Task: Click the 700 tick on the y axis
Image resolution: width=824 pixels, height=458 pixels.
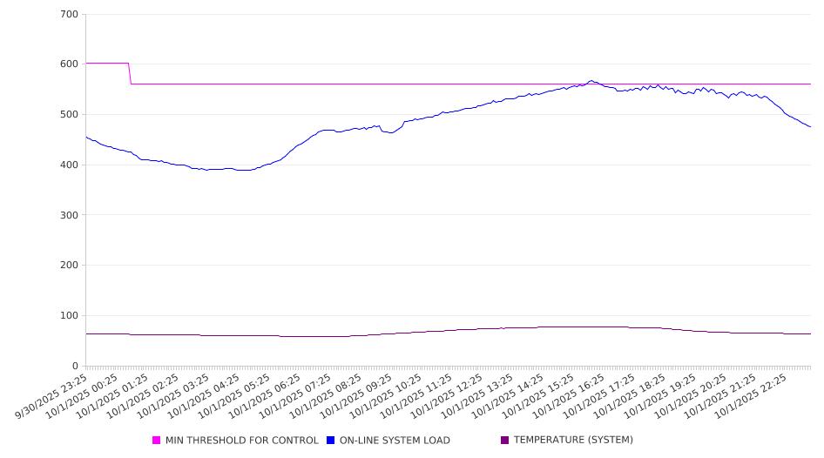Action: pyautogui.click(x=70, y=15)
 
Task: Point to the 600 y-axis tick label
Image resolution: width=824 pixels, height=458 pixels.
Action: pyautogui.click(x=70, y=64)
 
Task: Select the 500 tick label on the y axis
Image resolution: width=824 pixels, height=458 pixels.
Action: pyautogui.click(x=70, y=115)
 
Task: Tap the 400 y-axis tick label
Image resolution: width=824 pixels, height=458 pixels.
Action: pyautogui.click(x=70, y=165)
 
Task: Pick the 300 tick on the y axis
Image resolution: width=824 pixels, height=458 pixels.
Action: pyautogui.click(x=70, y=215)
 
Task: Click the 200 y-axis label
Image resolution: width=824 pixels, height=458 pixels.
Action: pyautogui.click(x=70, y=266)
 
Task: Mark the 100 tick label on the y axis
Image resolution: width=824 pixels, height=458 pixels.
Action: pyautogui.click(x=70, y=316)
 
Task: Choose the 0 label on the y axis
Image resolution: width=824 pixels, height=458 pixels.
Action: pyautogui.click(x=75, y=367)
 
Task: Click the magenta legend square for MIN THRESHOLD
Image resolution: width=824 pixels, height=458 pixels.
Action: pyautogui.click(x=157, y=441)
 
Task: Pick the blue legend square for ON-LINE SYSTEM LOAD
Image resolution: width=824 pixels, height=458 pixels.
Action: pyautogui.click(x=331, y=441)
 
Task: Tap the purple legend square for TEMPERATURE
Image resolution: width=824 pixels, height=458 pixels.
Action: pyautogui.click(x=504, y=441)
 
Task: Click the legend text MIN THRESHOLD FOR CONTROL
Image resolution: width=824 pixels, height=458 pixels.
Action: pyautogui.click(x=241, y=441)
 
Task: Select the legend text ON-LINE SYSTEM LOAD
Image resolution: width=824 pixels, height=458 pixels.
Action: pyautogui.click(x=395, y=441)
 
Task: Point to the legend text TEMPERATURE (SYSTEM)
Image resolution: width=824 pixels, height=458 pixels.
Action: pyautogui.click(x=572, y=441)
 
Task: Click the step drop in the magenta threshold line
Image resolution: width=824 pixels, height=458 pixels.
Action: pyautogui.click(x=130, y=74)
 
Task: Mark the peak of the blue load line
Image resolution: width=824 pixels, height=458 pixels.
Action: pyautogui.click(x=591, y=81)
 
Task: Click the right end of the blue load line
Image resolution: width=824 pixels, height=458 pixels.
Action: pyautogui.click(x=810, y=127)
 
